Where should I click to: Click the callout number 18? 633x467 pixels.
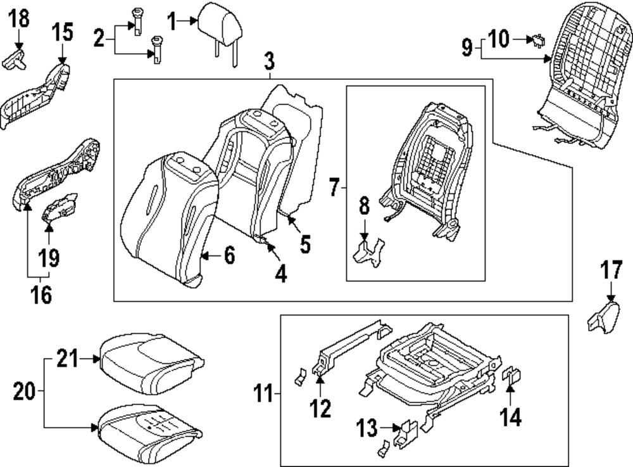pos(20,18)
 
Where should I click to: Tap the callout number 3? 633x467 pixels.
pos(269,62)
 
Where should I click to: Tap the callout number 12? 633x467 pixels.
pos(320,407)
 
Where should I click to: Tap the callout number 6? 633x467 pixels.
pos(229,255)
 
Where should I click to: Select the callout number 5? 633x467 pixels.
pos(305,243)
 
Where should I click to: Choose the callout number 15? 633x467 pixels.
pos(62,31)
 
